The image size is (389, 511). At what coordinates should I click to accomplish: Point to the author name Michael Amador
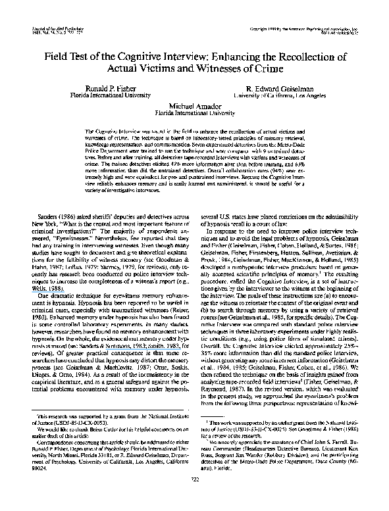click(195, 105)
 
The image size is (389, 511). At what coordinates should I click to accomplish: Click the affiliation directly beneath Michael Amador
click(195, 112)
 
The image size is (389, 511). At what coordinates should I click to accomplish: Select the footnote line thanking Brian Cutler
click(105, 445)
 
